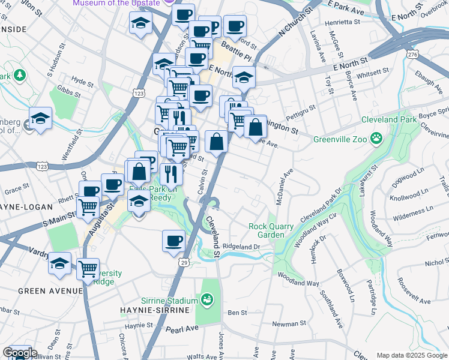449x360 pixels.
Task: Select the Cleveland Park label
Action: pyautogui.click(x=389, y=119)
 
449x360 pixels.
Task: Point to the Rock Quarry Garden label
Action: pyautogui.click(x=271, y=230)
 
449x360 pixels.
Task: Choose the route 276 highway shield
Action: pyautogui.click(x=412, y=55)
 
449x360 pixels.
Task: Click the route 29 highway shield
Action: pyautogui.click(x=184, y=262)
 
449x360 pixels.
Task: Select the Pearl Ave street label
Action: pyautogui.click(x=182, y=329)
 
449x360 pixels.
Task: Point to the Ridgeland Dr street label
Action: pyautogui.click(x=241, y=246)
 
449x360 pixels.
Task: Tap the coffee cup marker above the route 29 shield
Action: pyautogui.click(x=173, y=241)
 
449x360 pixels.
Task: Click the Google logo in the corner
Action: pyautogui.click(x=19, y=353)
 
